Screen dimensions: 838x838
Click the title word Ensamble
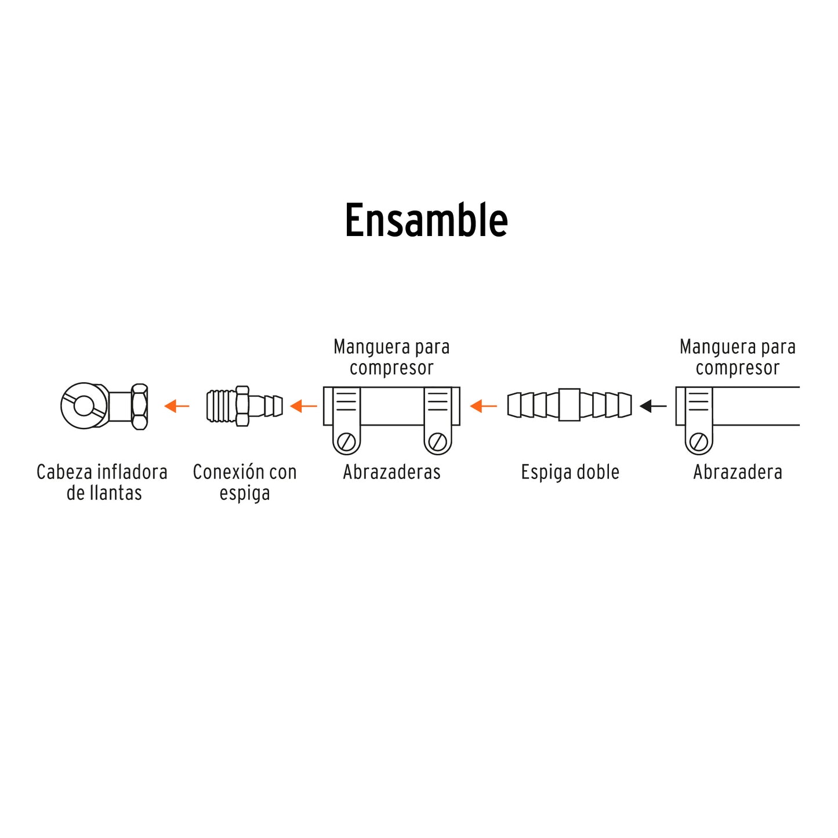tap(426, 221)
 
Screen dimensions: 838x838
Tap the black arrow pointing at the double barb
tap(653, 406)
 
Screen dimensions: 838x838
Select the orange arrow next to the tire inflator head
tap(177, 406)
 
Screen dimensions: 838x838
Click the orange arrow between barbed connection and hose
tap(303, 406)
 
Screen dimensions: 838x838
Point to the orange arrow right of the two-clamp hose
tap(483, 406)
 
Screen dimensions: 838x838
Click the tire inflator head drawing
tap(104, 406)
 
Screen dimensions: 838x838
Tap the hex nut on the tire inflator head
tap(139, 406)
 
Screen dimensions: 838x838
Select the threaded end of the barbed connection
tap(222, 406)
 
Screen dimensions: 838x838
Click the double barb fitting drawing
tap(569, 405)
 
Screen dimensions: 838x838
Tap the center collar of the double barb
tap(569, 405)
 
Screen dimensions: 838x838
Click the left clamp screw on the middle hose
tap(347, 442)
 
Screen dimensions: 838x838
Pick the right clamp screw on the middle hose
tap(438, 442)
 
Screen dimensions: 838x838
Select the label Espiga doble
tap(570, 472)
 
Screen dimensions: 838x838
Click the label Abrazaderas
tap(391, 472)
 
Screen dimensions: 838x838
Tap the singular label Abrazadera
tap(738, 472)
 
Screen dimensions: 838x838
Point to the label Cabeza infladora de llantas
tap(103, 483)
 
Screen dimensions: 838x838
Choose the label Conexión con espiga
tap(245, 483)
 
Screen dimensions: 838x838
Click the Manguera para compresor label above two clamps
tap(391, 357)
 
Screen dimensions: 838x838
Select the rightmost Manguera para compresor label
tap(738, 357)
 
